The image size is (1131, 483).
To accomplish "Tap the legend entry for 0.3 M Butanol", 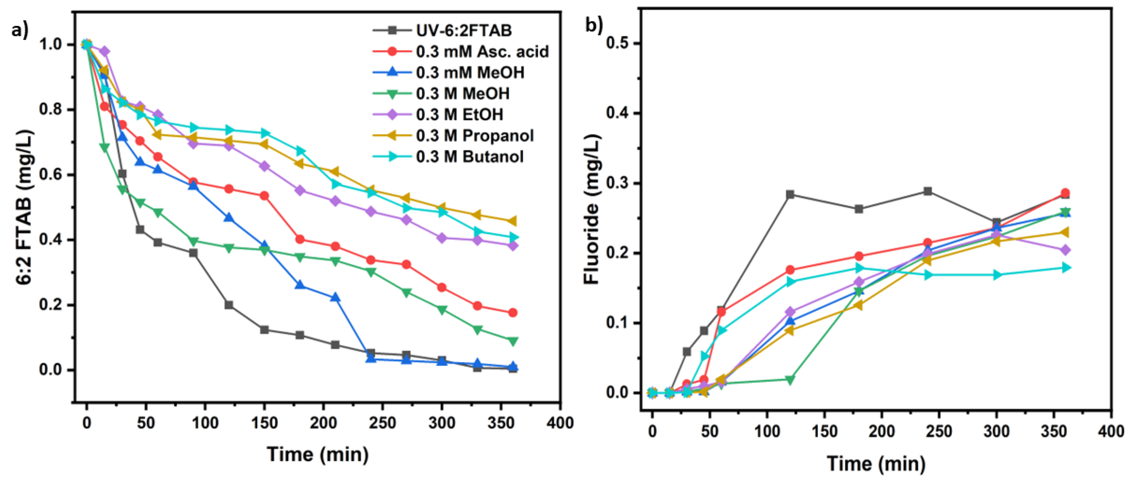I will pos(469,157).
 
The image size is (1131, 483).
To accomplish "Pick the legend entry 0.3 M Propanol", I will pos(475,136).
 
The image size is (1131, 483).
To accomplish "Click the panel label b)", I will pos(594,26).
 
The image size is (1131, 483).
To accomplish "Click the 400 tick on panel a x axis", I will pos(560,423).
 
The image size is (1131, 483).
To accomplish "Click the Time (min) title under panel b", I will pos(876,464).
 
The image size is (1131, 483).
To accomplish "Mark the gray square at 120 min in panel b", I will pos(790,195).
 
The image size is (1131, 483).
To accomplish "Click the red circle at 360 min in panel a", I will pos(512,313).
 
